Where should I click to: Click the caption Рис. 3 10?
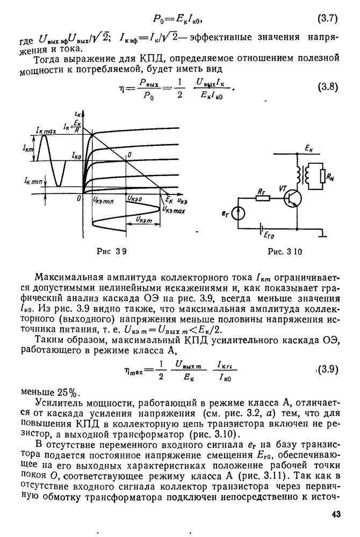click(280, 250)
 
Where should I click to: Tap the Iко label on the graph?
click(77, 154)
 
